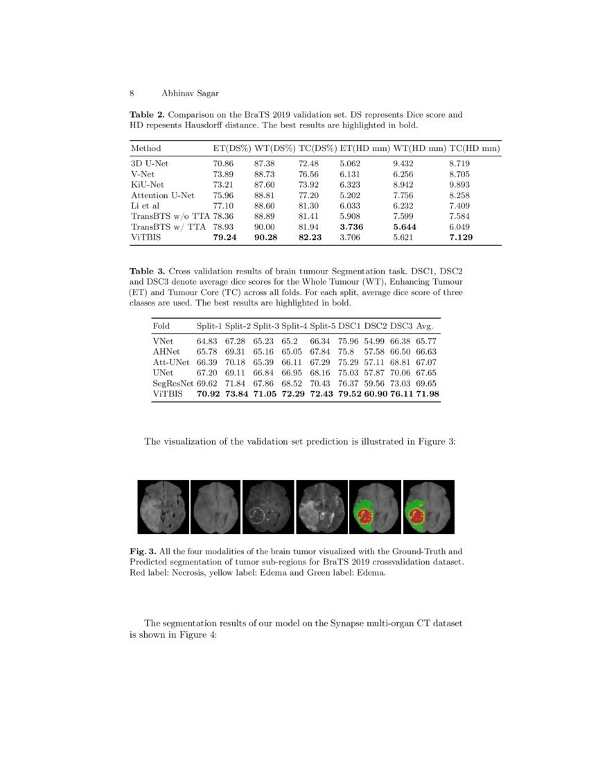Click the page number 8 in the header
(x=132, y=93)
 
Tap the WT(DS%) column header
(x=274, y=148)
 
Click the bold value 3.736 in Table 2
(x=352, y=227)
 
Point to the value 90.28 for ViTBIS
(x=267, y=237)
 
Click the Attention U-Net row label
(x=163, y=196)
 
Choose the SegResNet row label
(x=173, y=383)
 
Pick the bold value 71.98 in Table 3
(x=427, y=393)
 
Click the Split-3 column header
(x=265, y=326)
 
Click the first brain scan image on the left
(x=163, y=507)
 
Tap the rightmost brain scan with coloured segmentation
(x=428, y=507)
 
